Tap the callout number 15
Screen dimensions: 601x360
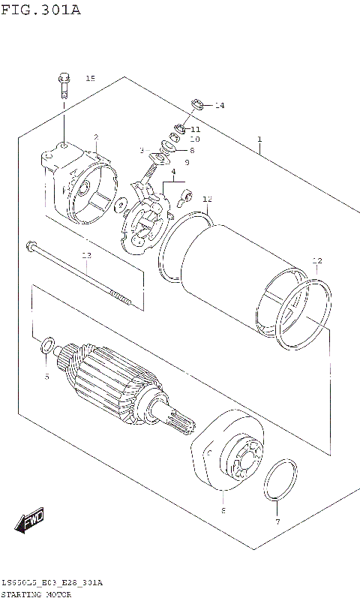point(90,79)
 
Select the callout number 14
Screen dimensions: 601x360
point(219,105)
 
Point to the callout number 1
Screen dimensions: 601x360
point(259,140)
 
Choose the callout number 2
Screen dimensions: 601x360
point(96,137)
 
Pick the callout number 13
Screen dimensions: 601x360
point(86,256)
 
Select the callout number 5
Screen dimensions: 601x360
point(46,376)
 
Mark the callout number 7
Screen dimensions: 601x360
point(277,521)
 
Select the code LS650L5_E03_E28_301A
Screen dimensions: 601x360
point(52,583)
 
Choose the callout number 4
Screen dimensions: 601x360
point(173,172)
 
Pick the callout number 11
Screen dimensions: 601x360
point(195,129)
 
